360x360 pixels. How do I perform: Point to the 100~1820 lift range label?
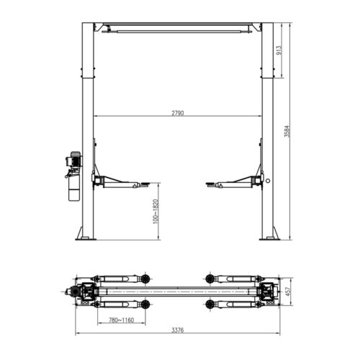click(154, 210)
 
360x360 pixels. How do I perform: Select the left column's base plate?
click(86, 238)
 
